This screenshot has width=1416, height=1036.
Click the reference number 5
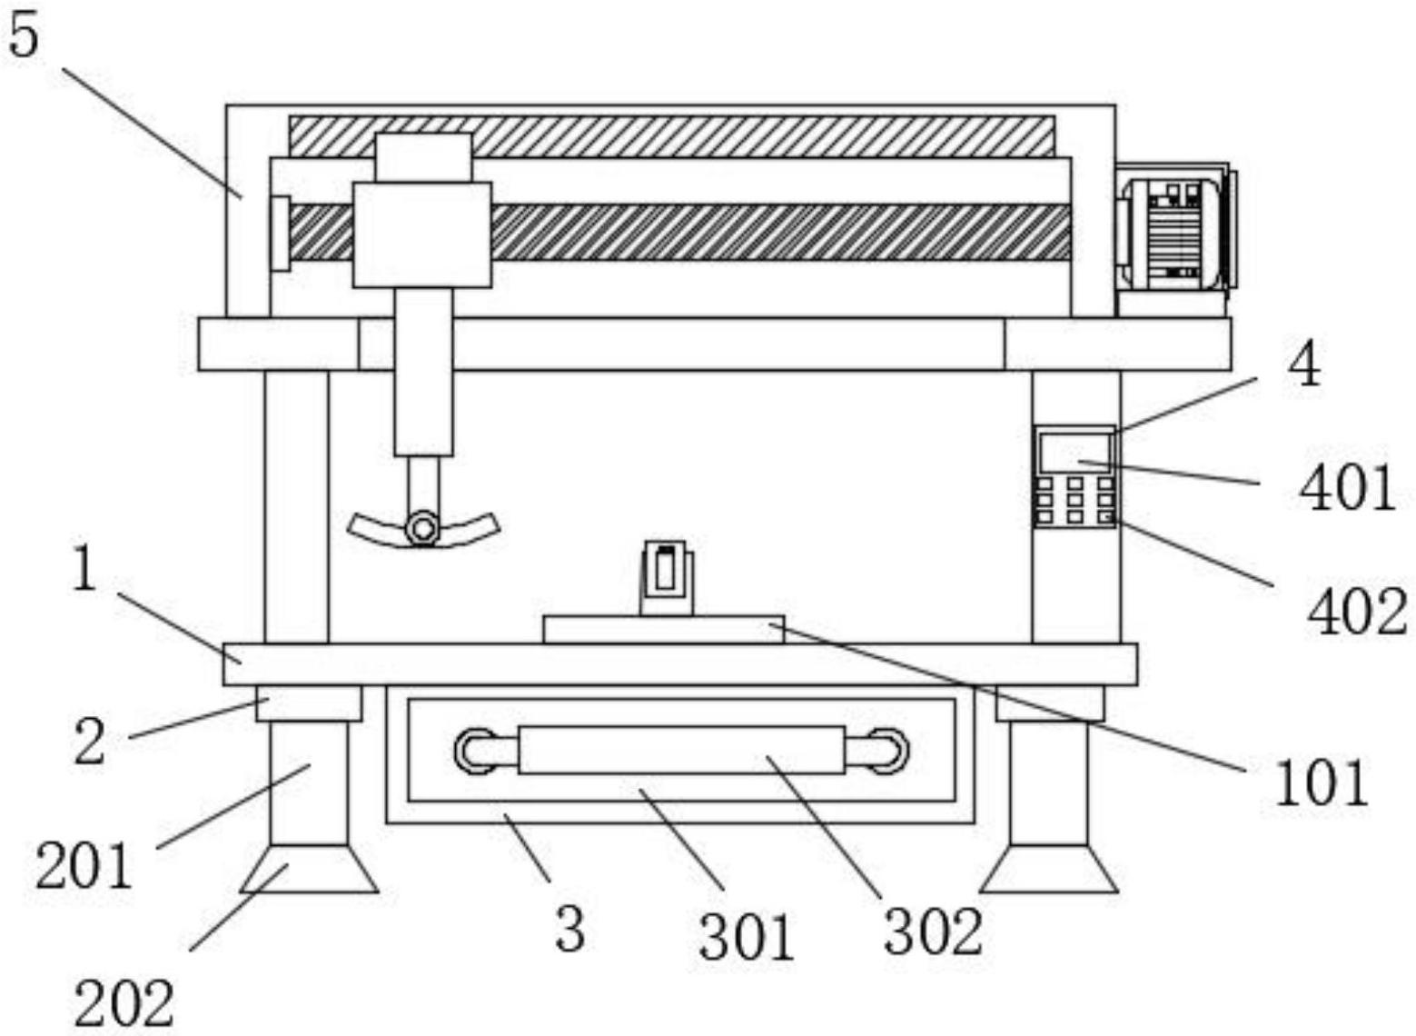click(x=25, y=37)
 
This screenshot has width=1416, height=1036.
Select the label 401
click(x=1347, y=489)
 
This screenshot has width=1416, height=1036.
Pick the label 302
click(x=933, y=932)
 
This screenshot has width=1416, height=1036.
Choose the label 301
click(x=747, y=938)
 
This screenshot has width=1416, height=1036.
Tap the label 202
click(x=124, y=1005)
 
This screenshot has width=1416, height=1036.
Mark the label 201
click(x=84, y=864)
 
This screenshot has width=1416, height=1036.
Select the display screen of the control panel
click(x=1075, y=452)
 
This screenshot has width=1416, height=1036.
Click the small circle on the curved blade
click(x=422, y=527)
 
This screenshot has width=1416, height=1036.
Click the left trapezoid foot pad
click(x=309, y=869)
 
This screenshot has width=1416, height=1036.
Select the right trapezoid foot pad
click(x=1048, y=869)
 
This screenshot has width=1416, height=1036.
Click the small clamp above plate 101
click(x=666, y=576)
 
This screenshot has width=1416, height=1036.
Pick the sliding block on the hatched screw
click(x=422, y=234)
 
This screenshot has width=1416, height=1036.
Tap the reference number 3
click(x=569, y=930)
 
